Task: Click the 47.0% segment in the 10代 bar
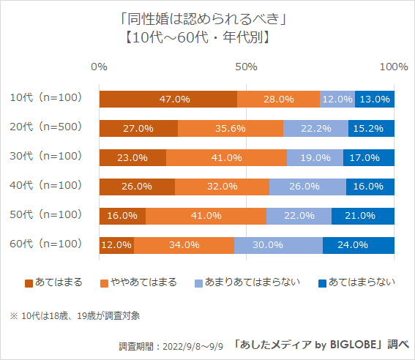pyautogui.click(x=168, y=99)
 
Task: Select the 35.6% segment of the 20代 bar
pyautogui.click(x=231, y=128)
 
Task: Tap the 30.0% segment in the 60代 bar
pyautogui.click(x=278, y=245)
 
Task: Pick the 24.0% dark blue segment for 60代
pyautogui.click(x=359, y=245)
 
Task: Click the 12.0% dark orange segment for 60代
pyautogui.click(x=116, y=245)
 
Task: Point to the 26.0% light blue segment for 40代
pyautogui.click(x=307, y=187)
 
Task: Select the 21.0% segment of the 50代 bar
pyautogui.click(x=363, y=216)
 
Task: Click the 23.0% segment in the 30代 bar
pyautogui.click(x=132, y=157)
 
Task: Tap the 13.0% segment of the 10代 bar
pyautogui.click(x=375, y=99)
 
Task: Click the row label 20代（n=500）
pyautogui.click(x=45, y=127)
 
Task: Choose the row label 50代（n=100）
pyautogui.click(x=45, y=214)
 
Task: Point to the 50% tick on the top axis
pyautogui.click(x=247, y=67)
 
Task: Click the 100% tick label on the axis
pyautogui.click(x=394, y=67)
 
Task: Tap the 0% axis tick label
pyautogui.click(x=100, y=67)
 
